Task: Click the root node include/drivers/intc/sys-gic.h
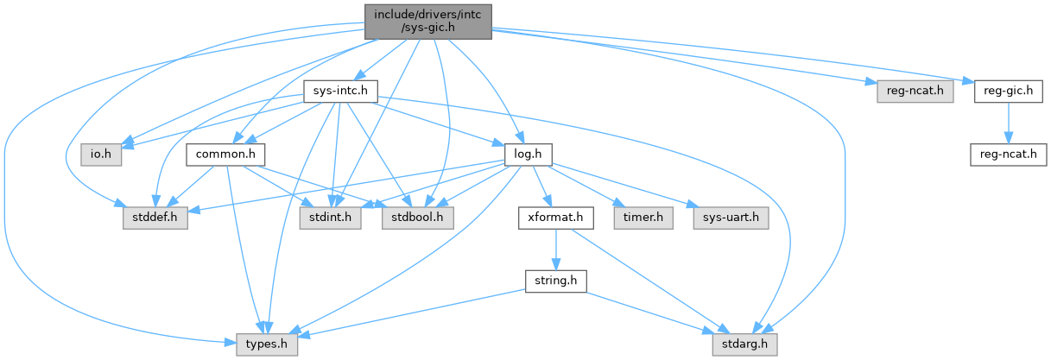pos(427,19)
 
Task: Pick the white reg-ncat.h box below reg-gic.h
pos(1009,155)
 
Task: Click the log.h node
pos(528,155)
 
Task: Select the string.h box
pos(556,281)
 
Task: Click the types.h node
pos(267,345)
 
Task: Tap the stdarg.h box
pos(744,345)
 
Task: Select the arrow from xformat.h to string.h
pos(556,249)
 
